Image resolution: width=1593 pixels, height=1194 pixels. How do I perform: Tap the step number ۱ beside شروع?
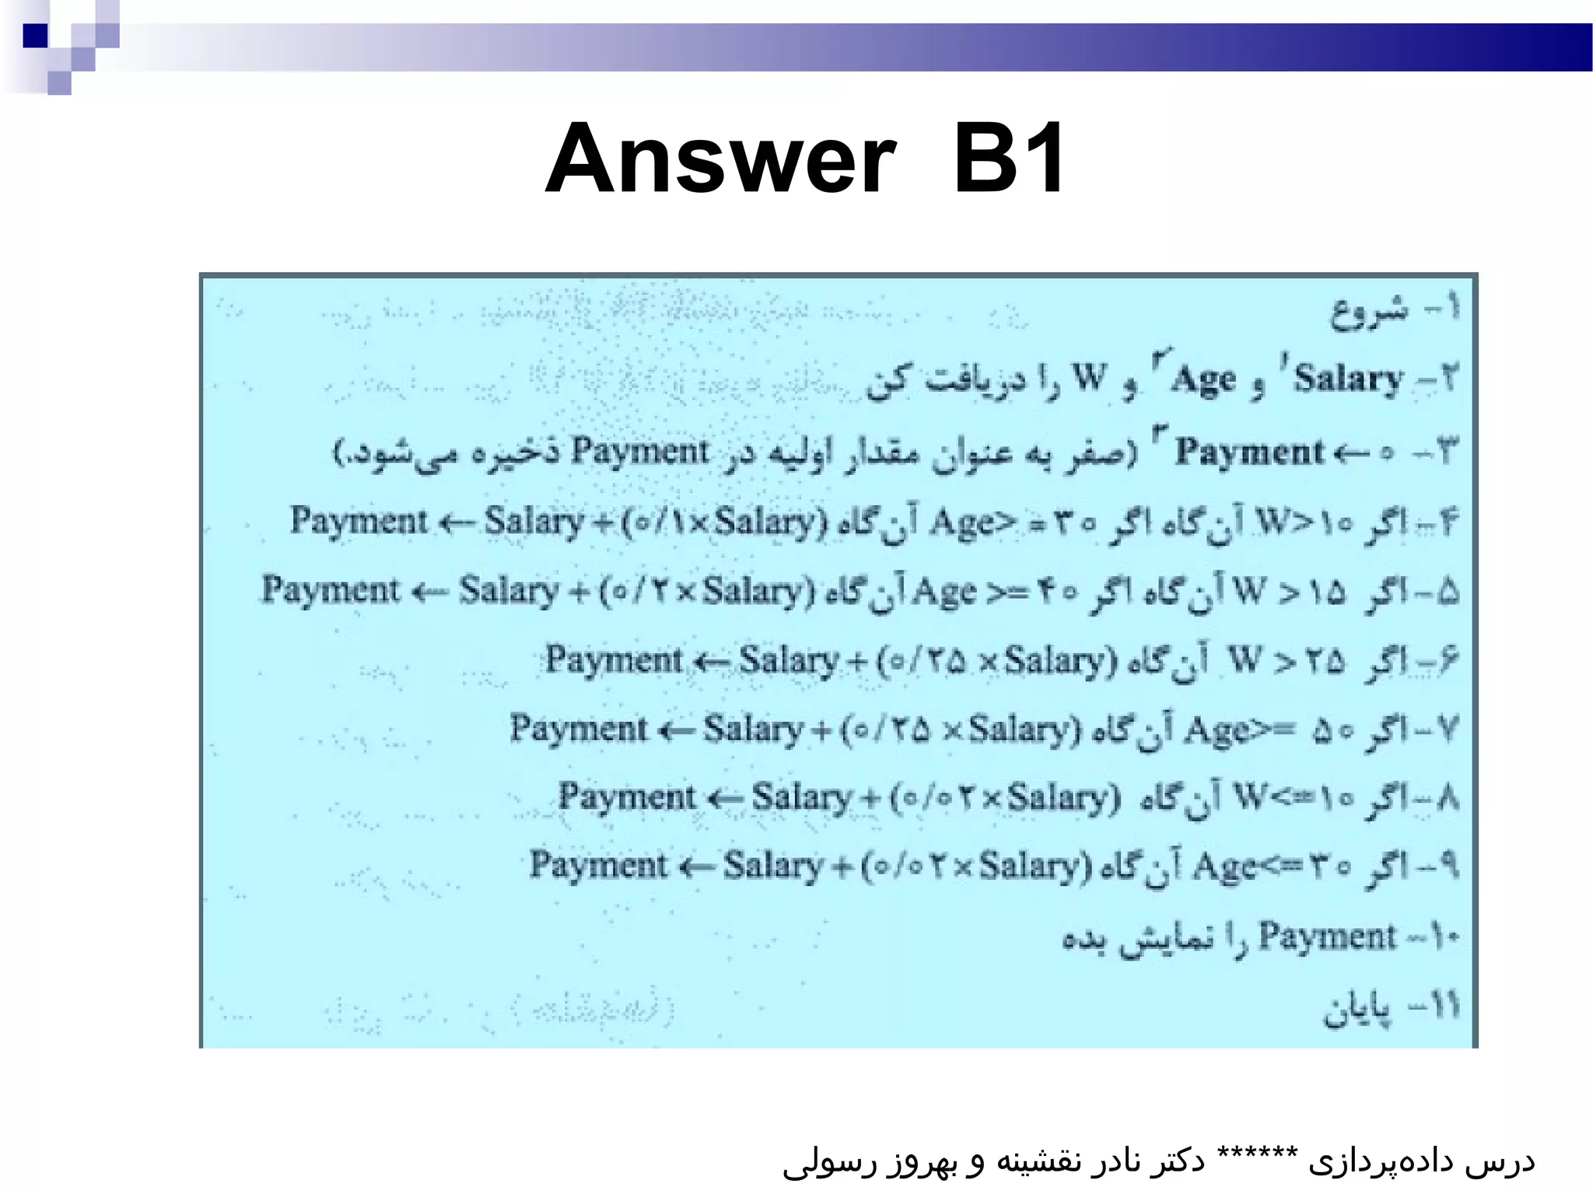[1450, 309]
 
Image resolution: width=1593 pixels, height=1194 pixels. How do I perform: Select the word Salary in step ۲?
[1348, 379]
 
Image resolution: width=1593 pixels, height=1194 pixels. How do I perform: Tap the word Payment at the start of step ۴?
[359, 520]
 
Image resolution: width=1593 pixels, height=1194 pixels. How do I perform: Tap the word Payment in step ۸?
[627, 798]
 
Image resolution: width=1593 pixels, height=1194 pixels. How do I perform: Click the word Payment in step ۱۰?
[1327, 936]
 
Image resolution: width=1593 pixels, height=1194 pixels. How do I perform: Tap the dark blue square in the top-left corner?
[35, 36]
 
